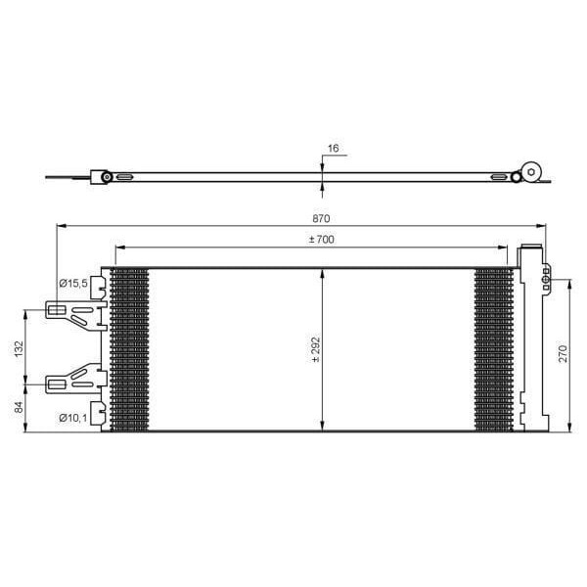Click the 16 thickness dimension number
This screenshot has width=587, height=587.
(x=333, y=148)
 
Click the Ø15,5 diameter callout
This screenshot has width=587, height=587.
(x=73, y=283)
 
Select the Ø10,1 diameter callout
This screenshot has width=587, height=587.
(x=73, y=419)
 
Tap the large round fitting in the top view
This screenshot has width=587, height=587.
(x=531, y=171)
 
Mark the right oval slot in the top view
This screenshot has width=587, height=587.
(x=500, y=177)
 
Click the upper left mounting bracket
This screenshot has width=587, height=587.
(x=73, y=312)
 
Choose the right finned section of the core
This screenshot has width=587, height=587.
(x=492, y=348)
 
